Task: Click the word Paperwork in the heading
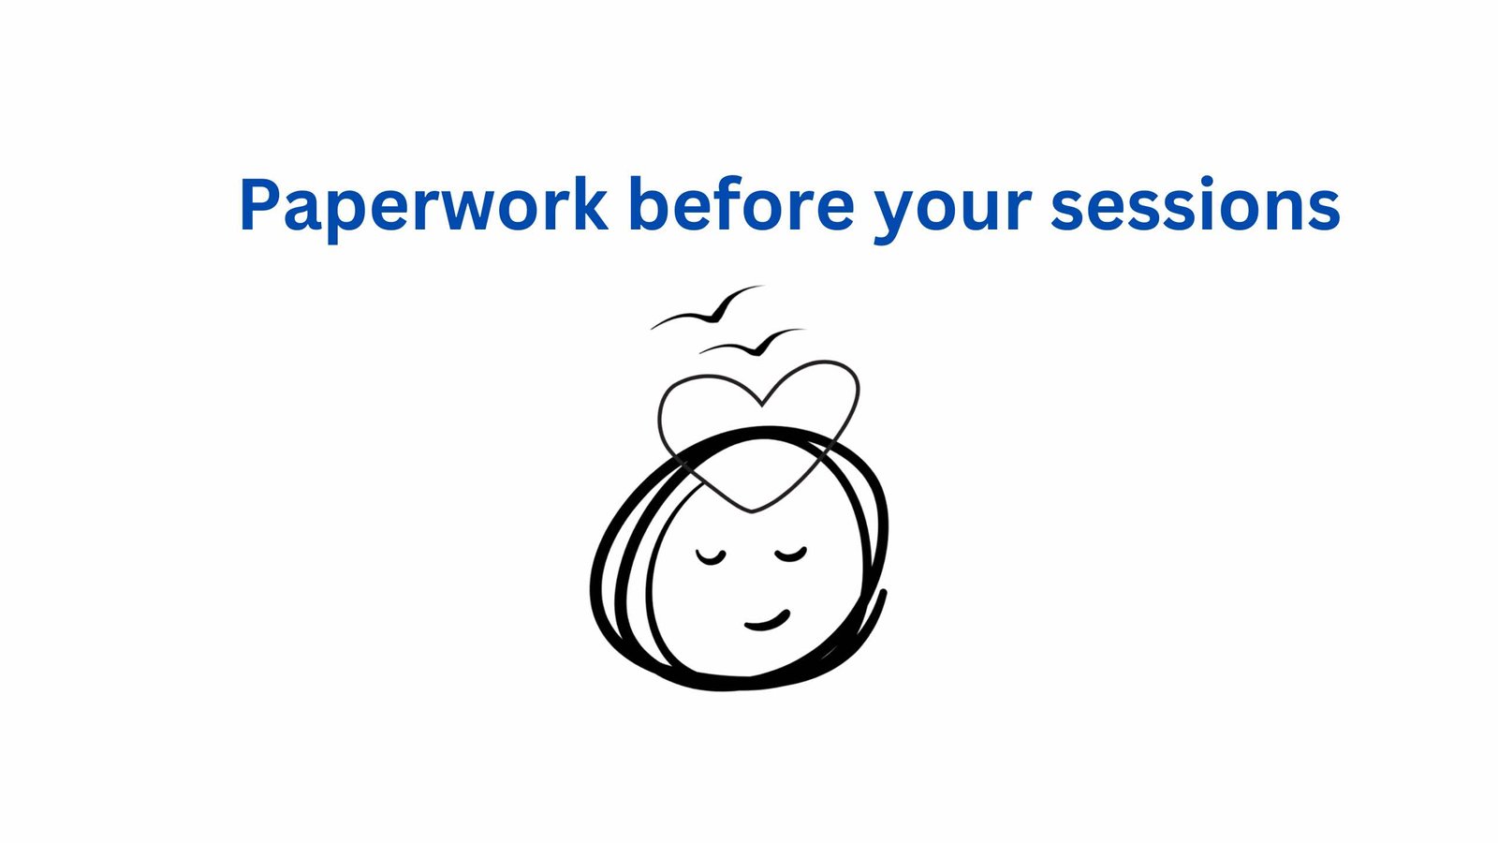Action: coord(424,207)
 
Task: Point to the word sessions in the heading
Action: coord(1196,204)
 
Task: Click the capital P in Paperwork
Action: coord(260,204)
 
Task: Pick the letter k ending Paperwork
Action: coord(586,203)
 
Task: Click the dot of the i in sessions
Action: coord(1207,181)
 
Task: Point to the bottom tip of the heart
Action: coord(753,511)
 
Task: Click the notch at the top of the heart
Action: coord(762,405)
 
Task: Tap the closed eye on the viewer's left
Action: coord(711,557)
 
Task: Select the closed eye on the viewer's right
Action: coord(791,555)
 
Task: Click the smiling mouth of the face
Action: coord(768,622)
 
